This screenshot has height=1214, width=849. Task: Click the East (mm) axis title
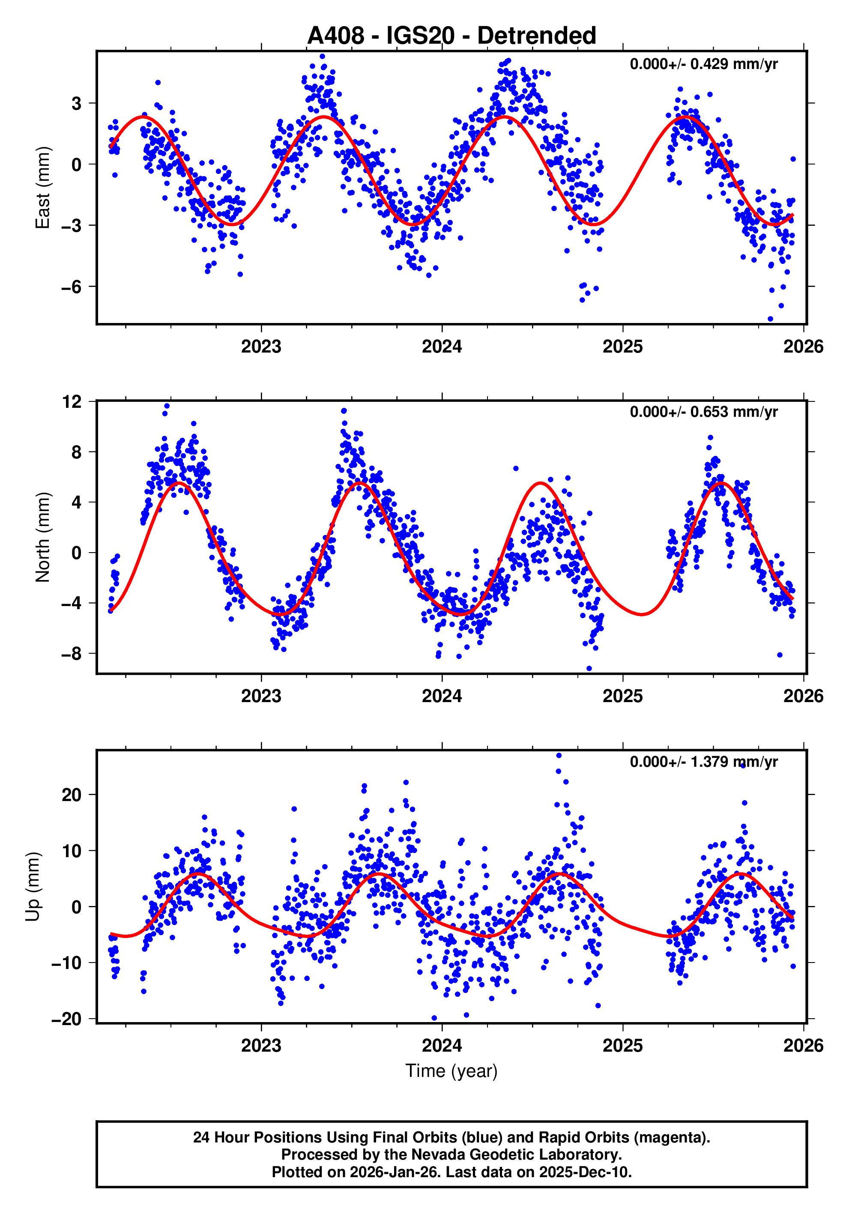tap(42, 188)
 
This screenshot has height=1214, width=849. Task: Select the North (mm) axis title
tap(42, 537)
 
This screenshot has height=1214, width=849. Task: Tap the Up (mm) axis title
tap(33, 887)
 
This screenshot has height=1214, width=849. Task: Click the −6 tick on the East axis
tap(72, 287)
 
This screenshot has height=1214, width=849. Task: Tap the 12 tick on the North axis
tap(72, 402)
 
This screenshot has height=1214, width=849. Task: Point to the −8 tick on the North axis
tap(72, 654)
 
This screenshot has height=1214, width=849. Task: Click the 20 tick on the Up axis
tap(72, 795)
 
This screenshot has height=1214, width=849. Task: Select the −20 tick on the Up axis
tap(66, 1019)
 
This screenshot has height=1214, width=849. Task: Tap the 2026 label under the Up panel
tap(803, 1046)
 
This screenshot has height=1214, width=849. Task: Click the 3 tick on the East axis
tap(77, 104)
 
